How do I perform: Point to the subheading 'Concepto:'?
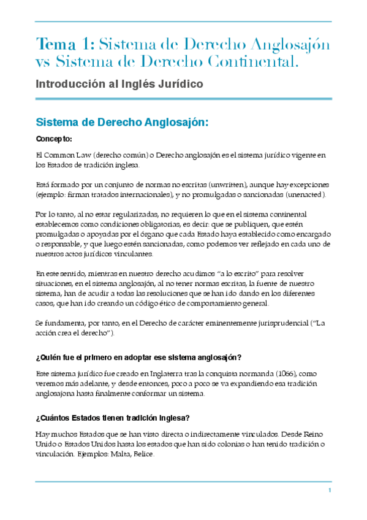[x=54, y=139]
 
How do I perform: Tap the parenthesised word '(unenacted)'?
[x=298, y=194]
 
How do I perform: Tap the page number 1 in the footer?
[x=330, y=491]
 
